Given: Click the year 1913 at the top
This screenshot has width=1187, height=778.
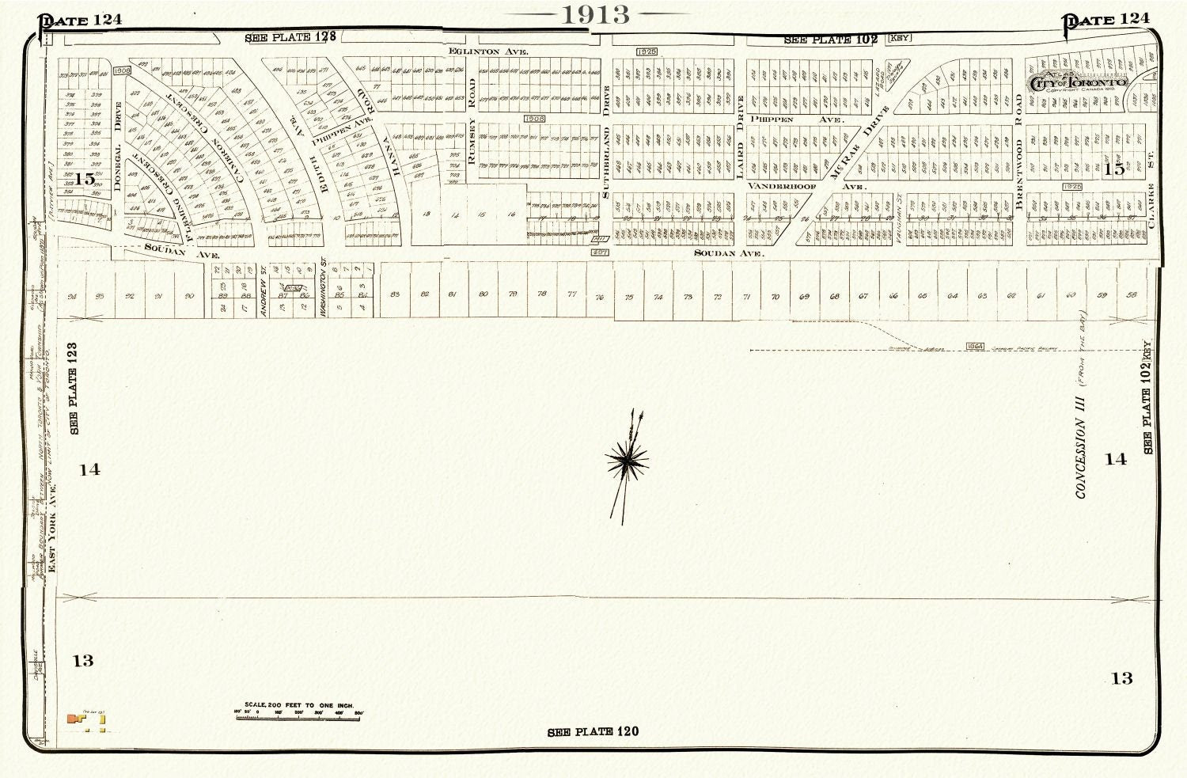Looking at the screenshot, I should click(596, 14).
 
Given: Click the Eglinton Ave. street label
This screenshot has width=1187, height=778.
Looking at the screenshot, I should click(487, 51).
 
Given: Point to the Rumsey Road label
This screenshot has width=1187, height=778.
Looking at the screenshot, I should click(472, 120).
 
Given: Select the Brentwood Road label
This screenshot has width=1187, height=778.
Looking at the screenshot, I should click(1018, 152).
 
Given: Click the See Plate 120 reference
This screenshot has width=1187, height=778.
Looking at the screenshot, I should click(593, 731).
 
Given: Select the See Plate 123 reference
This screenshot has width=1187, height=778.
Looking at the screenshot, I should click(74, 388).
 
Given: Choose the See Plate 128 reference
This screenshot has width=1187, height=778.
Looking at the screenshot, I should click(290, 37).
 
